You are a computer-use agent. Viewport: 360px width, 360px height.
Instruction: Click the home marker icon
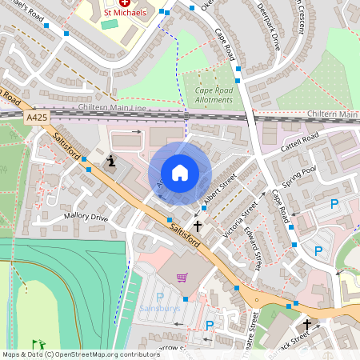click(x=180, y=172)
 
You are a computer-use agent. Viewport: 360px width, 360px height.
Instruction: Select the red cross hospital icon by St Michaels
click(x=124, y=2)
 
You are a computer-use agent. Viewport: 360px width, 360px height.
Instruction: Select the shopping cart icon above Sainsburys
click(x=182, y=278)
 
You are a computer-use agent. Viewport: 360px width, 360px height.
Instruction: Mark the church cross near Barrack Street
click(x=306, y=325)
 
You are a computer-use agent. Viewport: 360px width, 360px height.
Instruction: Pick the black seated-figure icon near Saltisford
click(x=111, y=162)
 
